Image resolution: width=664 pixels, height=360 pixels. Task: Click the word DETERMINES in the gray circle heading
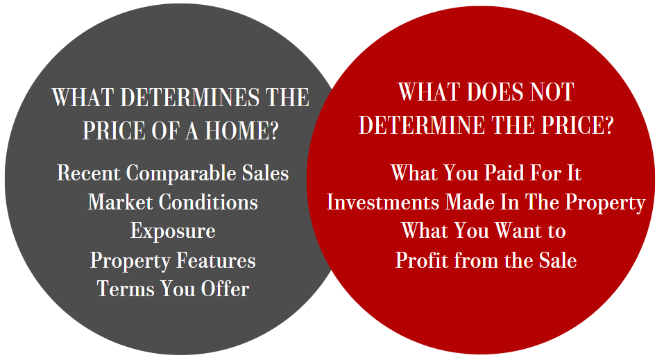[x=189, y=97]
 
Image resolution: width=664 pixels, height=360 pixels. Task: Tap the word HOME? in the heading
[x=241, y=130]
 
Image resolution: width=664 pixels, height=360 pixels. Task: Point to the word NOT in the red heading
[x=552, y=92]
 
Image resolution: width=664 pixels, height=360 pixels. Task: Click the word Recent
[x=89, y=173]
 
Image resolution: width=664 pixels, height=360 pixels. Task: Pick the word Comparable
[x=181, y=173]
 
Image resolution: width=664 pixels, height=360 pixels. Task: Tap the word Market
[x=120, y=202]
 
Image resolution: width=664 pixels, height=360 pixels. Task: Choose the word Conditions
[x=208, y=202]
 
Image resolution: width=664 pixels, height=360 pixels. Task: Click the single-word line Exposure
[x=173, y=231]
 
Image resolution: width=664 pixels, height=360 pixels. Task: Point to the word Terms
[x=126, y=289]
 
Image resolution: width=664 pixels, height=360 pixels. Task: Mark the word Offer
[x=225, y=289]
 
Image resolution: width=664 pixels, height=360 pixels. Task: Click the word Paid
[x=503, y=173]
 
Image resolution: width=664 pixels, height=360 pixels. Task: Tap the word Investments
[x=383, y=202]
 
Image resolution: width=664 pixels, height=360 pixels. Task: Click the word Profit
[x=422, y=260]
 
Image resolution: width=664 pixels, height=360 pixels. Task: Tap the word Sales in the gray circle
[x=266, y=173]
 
